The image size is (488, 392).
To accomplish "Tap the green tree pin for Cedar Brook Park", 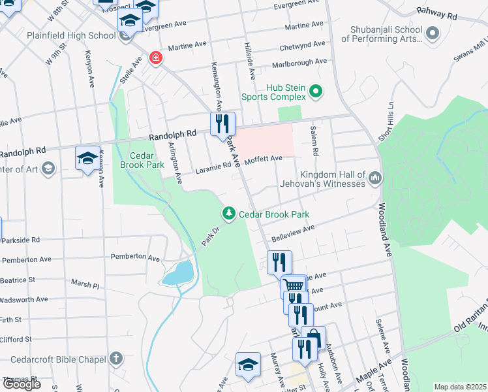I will [x=229, y=213].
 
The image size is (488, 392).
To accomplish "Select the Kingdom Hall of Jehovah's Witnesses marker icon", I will [x=375, y=178].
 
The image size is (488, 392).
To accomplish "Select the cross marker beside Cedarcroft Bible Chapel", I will [x=115, y=359].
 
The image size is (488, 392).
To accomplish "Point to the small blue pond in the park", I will [x=177, y=272].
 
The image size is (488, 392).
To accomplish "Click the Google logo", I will [x=22, y=384].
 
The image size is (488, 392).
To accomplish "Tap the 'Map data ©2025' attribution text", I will [x=461, y=387].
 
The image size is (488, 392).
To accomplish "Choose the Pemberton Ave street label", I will [x=135, y=258].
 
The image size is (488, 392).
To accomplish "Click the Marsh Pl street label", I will [x=85, y=286].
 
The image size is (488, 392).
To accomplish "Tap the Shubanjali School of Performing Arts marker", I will [x=432, y=32].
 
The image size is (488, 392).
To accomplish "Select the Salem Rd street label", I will [x=314, y=140].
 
